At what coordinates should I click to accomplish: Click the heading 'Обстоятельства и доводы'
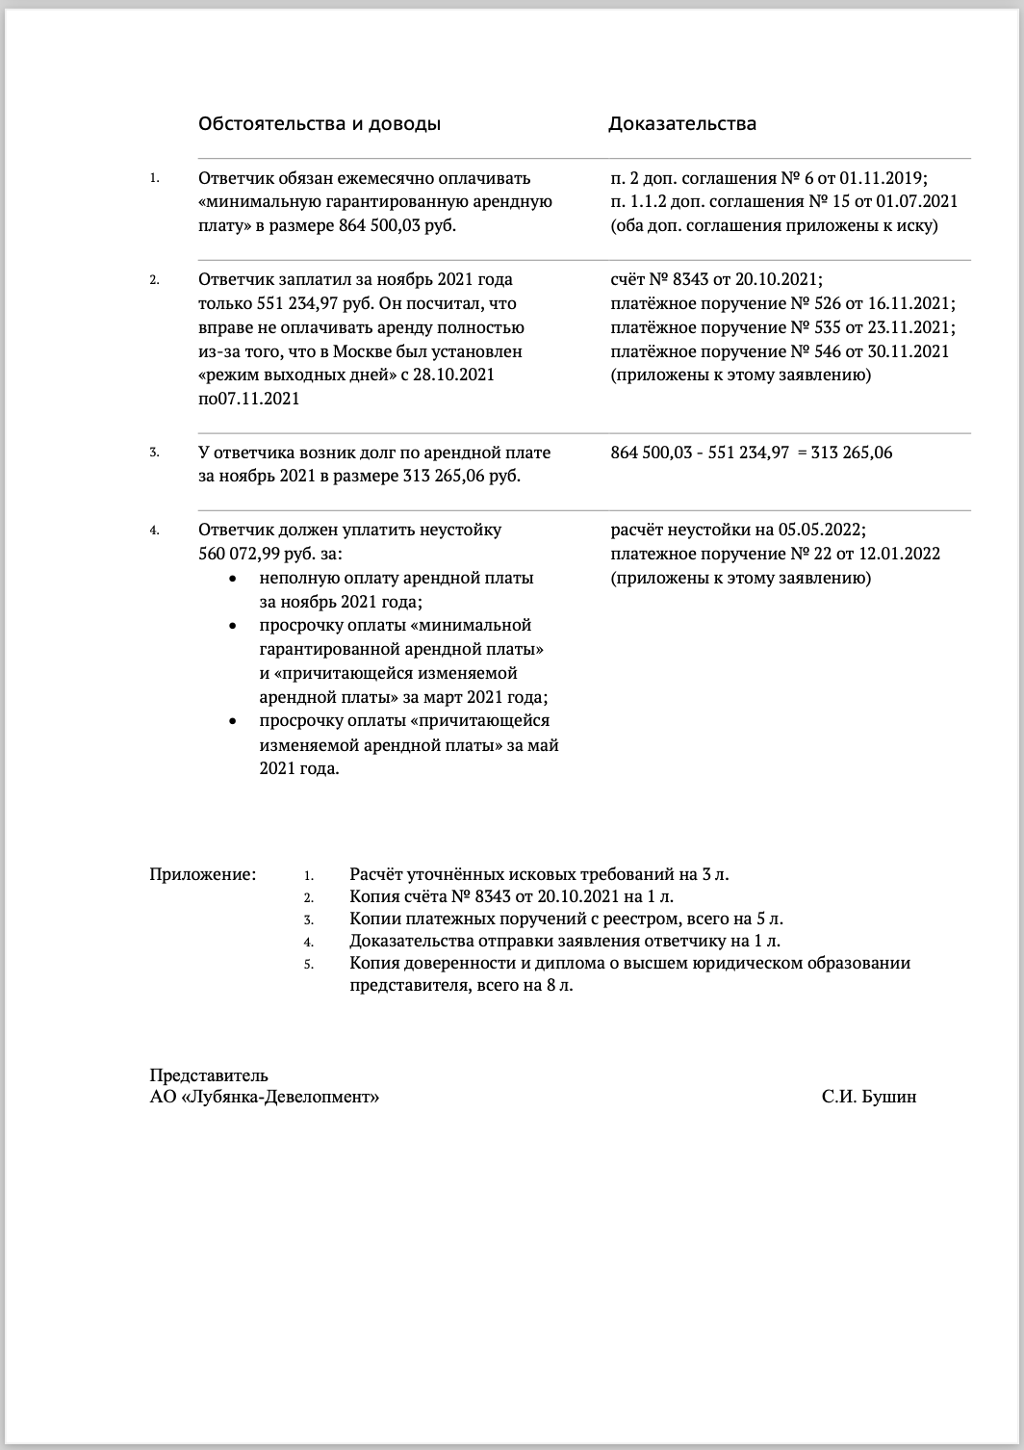coord(320,124)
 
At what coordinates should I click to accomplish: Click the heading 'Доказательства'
coord(681,124)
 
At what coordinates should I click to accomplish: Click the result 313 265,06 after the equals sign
coord(852,453)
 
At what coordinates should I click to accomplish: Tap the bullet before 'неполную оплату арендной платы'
coord(232,579)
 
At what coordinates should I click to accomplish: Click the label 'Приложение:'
coord(203,875)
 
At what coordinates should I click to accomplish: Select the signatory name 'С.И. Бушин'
coord(869,1097)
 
